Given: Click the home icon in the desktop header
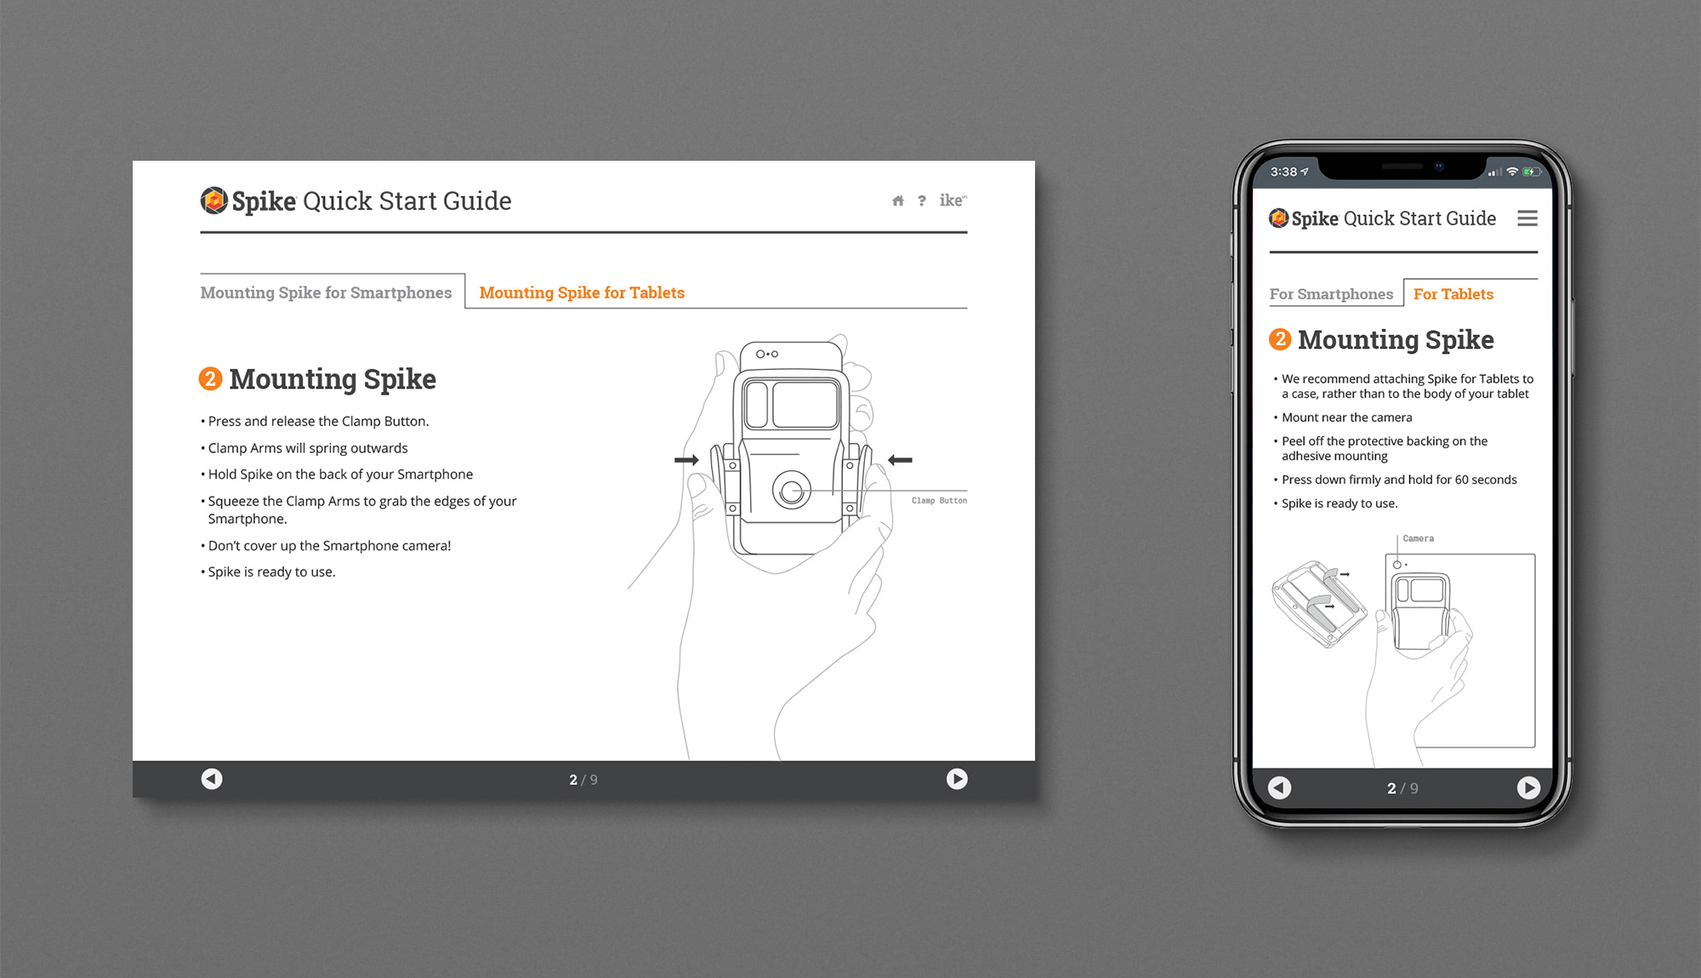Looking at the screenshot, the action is pos(897,201).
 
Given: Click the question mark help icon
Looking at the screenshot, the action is pos(922,201).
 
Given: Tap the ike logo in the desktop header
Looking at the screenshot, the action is pos(953,200).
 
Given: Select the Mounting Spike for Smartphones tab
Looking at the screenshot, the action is pos(326,293).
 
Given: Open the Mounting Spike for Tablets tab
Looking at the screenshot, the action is pos(582,293).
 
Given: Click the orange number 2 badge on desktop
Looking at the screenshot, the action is pos(210,378).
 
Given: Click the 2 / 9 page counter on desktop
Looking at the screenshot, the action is pos(583,780).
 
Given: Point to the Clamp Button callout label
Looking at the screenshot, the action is pos(939,501).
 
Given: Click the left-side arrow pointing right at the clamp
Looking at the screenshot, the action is pos(686,460).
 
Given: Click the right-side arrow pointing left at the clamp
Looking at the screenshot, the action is pos(900,460).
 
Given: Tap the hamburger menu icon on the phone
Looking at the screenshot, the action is pos(1527,219).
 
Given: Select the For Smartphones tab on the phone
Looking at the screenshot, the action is pos(1331,294).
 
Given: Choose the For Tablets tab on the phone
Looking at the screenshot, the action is pos(1454,294).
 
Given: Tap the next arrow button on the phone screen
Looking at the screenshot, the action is pos(1528,788).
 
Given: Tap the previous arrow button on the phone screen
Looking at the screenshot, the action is pos(1280,788).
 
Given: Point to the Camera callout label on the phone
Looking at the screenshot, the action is pos(1418,538).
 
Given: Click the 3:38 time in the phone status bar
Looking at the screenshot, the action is pos(1283,172).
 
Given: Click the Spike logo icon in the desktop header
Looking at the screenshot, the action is pos(213,201).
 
